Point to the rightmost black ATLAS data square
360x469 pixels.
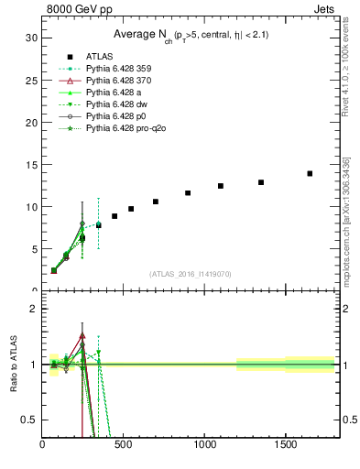coord(310,173)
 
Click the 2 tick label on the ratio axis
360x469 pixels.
coord(33,309)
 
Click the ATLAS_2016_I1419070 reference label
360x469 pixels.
coord(189,274)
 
